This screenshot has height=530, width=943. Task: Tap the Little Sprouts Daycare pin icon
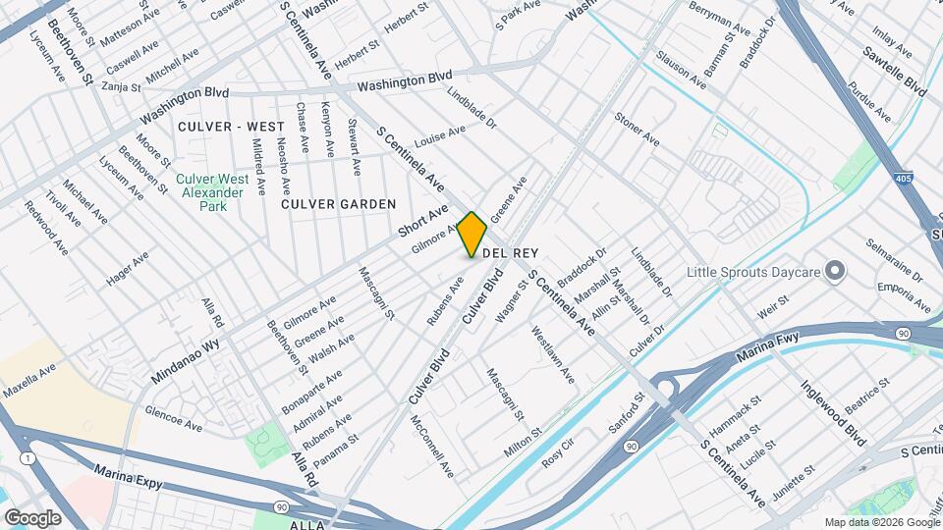835,270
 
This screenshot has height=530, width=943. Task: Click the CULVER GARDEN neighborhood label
338,204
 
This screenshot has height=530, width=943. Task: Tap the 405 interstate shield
903,179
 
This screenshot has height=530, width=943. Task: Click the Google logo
32,517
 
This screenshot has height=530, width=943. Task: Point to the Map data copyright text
881,522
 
